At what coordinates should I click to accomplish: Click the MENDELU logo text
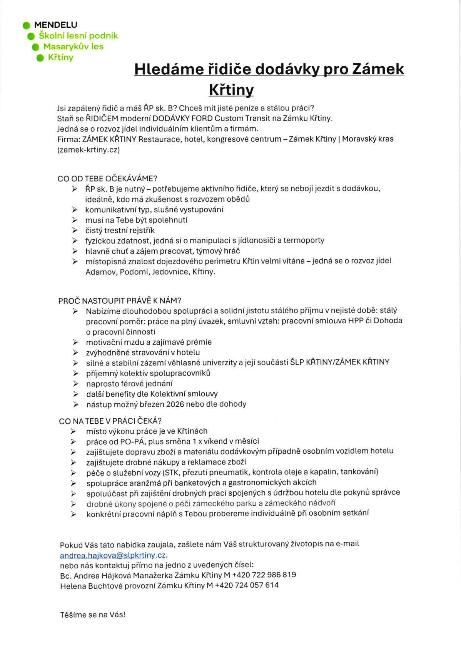tap(55, 25)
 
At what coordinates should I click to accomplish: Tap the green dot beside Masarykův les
tap(36, 47)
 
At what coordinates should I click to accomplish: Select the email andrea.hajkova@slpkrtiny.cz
tap(113, 555)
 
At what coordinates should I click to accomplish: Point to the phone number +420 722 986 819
tap(264, 575)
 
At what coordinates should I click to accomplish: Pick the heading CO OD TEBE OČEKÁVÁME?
tap(107, 179)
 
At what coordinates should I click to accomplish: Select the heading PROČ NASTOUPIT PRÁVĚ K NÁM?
tap(120, 301)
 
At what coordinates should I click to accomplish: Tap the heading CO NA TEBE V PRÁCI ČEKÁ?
tap(110, 421)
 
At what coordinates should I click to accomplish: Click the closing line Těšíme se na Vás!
tap(93, 615)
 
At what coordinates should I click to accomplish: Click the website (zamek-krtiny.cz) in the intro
tap(89, 150)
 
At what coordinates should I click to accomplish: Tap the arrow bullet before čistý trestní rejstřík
tap(75, 230)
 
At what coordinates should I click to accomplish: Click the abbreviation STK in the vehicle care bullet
tap(170, 472)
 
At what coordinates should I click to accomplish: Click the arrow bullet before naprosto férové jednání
tap(76, 384)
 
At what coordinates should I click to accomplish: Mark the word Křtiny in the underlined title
tap(231, 90)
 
